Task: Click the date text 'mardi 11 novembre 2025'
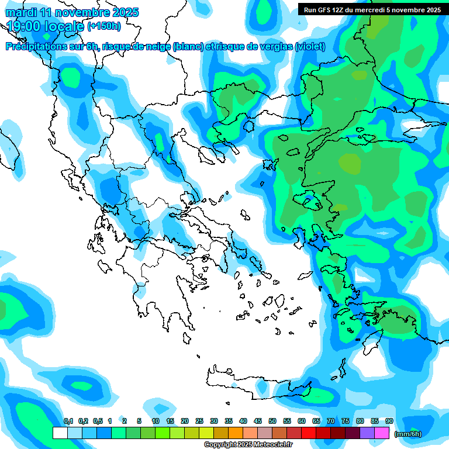click(72, 12)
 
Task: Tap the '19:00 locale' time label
click(46, 26)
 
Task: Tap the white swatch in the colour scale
click(60, 433)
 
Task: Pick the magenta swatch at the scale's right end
click(382, 433)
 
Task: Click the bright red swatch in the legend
click(309, 433)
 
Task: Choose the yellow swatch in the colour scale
click(206, 433)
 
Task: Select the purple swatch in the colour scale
click(367, 433)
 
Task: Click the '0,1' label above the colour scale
click(68, 421)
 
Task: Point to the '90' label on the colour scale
click(389, 421)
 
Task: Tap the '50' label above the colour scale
click(272, 421)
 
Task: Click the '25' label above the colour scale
click(199, 421)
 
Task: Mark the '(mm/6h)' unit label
click(407, 434)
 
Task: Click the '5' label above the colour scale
click(139, 421)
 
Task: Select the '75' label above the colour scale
click(346, 421)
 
